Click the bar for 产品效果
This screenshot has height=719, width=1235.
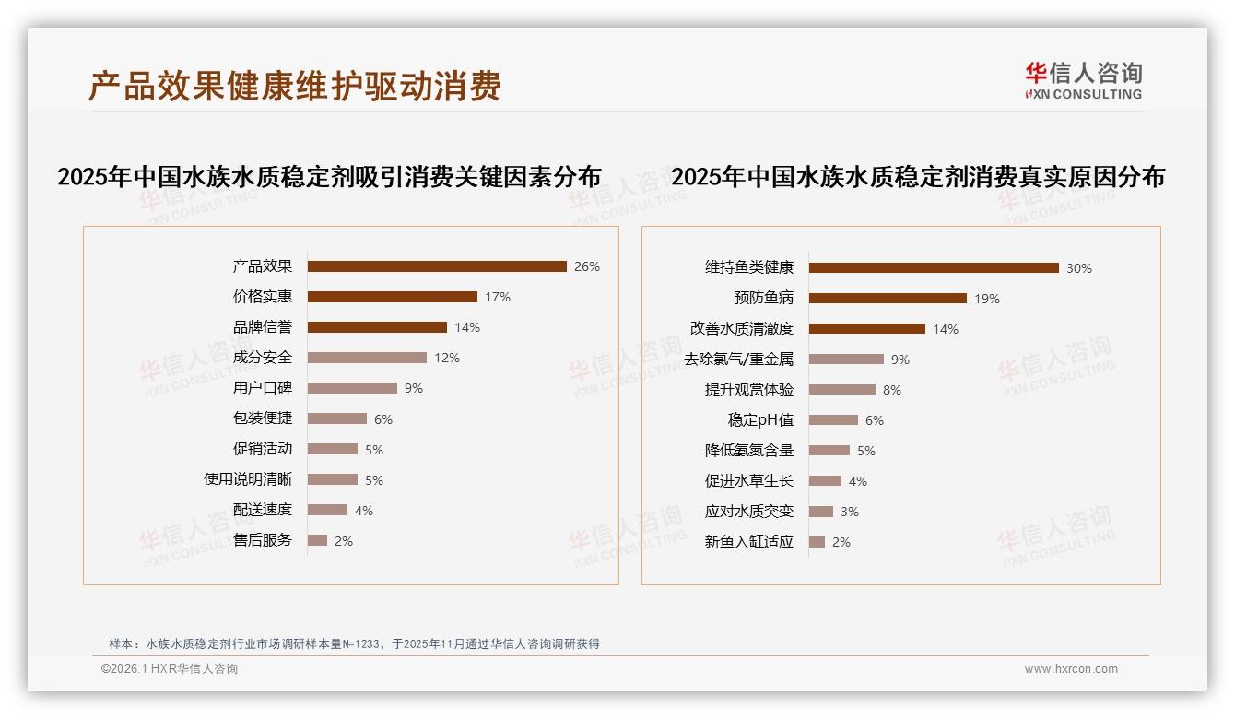click(x=437, y=266)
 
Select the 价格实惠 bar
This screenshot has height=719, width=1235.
click(x=392, y=297)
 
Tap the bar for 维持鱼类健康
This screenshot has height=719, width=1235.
click(x=934, y=268)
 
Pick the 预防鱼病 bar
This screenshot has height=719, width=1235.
click(x=888, y=299)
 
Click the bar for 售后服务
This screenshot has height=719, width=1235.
click(x=317, y=540)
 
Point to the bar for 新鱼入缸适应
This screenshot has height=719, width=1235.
click(x=817, y=542)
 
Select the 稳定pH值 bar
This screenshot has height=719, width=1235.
click(x=833, y=420)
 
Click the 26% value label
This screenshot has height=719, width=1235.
click(x=586, y=267)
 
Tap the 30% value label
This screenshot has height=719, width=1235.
click(x=1078, y=268)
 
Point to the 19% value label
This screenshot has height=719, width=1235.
click(x=986, y=299)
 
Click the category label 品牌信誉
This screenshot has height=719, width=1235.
click(x=263, y=327)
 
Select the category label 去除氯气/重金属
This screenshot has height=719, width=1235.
click(x=738, y=359)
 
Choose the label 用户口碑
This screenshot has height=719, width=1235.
click(x=263, y=388)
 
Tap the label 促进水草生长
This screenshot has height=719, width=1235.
click(x=748, y=481)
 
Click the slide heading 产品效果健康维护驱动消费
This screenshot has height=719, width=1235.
click(x=295, y=87)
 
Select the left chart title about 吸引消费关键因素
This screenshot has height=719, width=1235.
click(x=329, y=177)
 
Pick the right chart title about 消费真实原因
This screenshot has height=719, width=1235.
click(x=918, y=177)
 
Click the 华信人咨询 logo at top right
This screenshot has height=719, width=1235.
click(x=1083, y=81)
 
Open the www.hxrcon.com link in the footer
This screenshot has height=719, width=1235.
click(x=1071, y=669)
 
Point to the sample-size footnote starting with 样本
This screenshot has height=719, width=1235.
click(x=355, y=643)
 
